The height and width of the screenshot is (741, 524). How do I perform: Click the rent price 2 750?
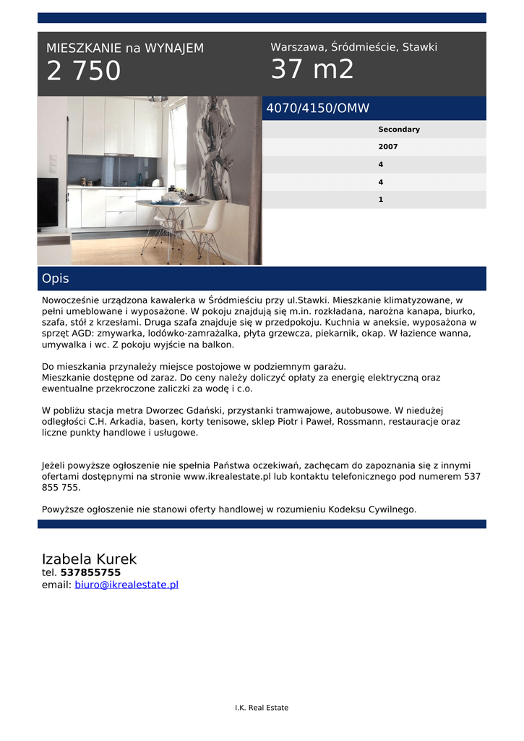point(84,72)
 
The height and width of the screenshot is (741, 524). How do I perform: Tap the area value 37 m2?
point(312,69)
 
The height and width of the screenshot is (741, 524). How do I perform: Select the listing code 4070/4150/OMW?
point(318,109)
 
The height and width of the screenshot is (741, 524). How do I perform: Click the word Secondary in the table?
point(399,130)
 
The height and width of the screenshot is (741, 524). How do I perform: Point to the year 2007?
point(388,147)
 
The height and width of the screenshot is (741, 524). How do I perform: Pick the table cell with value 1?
point(381,199)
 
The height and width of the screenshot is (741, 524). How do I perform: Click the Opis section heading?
point(56,279)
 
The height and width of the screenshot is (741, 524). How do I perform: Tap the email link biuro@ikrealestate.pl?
point(126,585)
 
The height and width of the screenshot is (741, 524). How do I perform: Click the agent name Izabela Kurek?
point(89,559)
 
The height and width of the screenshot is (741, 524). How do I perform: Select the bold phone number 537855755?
point(90,572)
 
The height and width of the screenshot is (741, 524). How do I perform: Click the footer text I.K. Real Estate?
point(262,708)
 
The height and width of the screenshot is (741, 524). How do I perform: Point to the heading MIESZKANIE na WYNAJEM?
point(125,48)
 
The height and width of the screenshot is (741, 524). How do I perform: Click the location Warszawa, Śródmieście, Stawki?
point(353,47)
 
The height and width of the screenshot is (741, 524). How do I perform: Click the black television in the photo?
point(48,203)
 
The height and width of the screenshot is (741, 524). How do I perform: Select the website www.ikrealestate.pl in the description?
point(227,477)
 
